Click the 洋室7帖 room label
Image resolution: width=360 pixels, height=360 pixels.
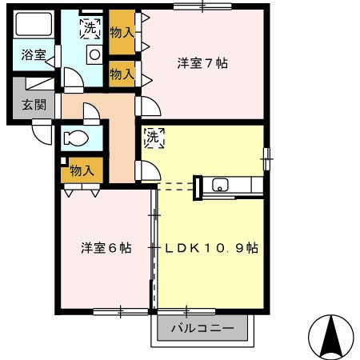202,63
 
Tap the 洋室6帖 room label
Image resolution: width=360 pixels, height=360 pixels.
106,248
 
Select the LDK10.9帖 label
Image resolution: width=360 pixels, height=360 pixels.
211,248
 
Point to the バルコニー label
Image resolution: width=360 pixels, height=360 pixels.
202,329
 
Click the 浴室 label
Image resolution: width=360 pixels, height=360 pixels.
34,55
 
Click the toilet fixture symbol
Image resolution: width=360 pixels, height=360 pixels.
78,138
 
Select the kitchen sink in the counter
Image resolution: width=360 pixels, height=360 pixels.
221,186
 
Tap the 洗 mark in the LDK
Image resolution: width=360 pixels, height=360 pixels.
154,138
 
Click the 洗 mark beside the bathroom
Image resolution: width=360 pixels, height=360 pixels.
90,28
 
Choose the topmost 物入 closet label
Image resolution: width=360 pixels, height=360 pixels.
122,34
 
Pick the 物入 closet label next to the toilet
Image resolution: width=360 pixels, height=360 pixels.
82,170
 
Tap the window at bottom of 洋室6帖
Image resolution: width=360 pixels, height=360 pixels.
120,310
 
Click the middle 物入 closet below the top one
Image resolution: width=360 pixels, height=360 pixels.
122,74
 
